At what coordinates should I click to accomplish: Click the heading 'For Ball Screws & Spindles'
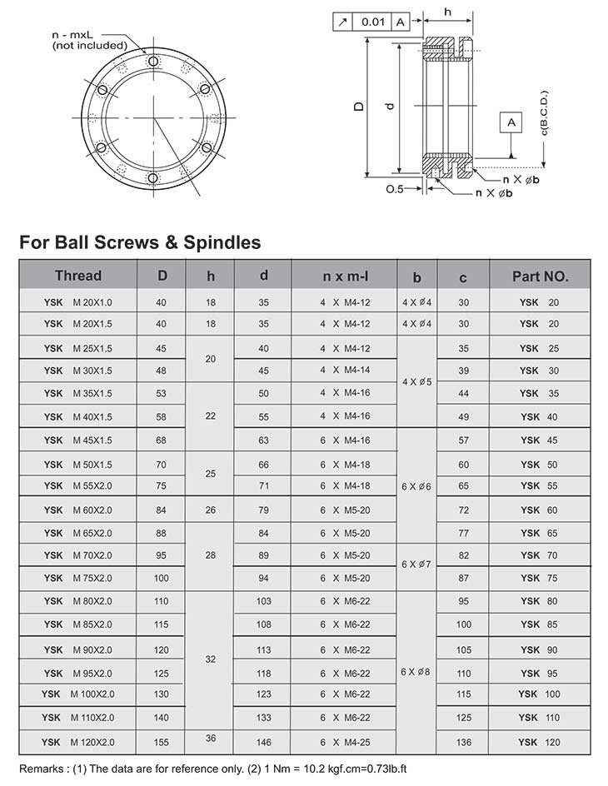click(140, 242)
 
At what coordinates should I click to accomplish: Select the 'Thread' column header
click(77, 276)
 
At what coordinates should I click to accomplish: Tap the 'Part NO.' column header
click(540, 276)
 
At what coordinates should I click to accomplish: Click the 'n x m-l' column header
click(345, 276)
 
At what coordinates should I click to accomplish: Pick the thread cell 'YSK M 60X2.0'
click(77, 510)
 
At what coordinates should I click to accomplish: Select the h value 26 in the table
click(211, 510)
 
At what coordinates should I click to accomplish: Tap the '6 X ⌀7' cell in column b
click(416, 565)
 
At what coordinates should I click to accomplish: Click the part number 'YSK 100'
click(540, 694)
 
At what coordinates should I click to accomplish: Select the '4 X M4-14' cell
click(345, 370)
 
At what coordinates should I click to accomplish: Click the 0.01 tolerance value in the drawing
click(373, 22)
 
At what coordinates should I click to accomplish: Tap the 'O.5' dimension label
click(394, 189)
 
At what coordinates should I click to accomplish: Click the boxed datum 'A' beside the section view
click(511, 122)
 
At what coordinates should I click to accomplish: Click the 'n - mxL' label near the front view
click(73, 33)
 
